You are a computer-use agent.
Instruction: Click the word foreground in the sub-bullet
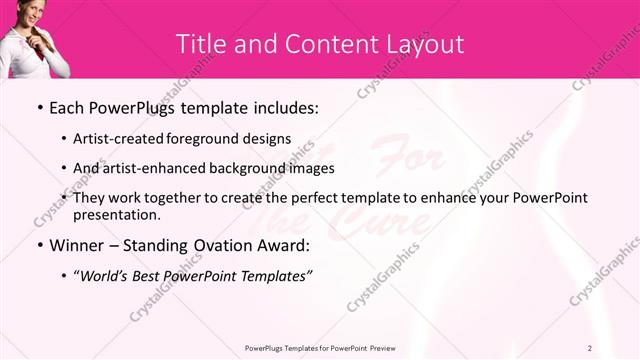215,138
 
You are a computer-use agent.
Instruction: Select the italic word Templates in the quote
272,277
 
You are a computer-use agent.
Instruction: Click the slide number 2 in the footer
590,348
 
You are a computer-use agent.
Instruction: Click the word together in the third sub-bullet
167,198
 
